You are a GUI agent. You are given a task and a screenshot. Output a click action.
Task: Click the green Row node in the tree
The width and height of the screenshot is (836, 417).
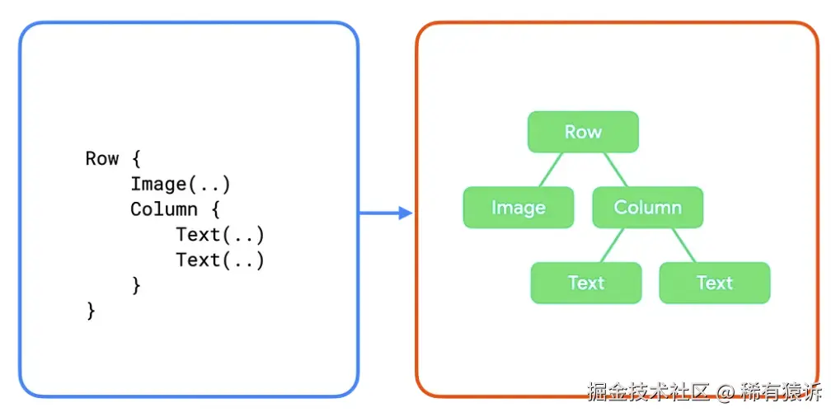click(583, 132)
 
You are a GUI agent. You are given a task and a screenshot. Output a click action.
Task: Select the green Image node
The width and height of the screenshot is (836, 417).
click(518, 208)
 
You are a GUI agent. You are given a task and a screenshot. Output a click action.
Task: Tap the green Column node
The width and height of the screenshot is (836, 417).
click(647, 208)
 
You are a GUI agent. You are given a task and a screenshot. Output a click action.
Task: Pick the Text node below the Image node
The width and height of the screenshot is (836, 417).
click(585, 283)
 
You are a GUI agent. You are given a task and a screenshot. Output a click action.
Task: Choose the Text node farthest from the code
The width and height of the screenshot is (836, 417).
click(714, 283)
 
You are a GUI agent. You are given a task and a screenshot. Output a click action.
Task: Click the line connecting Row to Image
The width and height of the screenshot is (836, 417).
click(550, 170)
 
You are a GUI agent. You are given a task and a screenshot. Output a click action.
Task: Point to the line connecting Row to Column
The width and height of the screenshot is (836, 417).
click(615, 170)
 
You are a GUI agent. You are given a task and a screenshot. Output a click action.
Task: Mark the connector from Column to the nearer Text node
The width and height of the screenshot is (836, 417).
click(611, 245)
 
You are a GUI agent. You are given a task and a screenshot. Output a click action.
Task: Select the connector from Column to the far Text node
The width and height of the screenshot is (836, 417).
click(684, 245)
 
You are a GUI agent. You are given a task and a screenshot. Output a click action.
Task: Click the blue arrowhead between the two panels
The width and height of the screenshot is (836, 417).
click(404, 213)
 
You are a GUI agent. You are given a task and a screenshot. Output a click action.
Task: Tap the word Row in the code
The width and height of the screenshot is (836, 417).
click(102, 158)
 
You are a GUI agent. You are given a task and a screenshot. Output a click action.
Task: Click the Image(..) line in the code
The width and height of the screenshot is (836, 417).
click(181, 184)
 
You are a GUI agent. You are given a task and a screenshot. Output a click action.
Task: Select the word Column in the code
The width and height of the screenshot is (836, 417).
click(164, 209)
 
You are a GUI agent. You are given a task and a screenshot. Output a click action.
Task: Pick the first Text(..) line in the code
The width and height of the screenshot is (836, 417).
click(219, 235)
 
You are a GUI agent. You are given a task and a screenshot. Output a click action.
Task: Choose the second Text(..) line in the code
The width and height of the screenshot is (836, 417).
click(219, 260)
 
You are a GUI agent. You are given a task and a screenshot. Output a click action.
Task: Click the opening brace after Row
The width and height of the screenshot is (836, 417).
click(136, 158)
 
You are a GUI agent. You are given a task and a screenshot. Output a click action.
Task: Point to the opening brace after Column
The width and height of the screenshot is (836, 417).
click(215, 209)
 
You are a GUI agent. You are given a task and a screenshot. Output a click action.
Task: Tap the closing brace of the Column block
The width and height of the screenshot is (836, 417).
click(136, 285)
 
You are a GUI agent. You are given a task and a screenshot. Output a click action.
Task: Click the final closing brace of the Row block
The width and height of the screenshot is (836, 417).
click(91, 311)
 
